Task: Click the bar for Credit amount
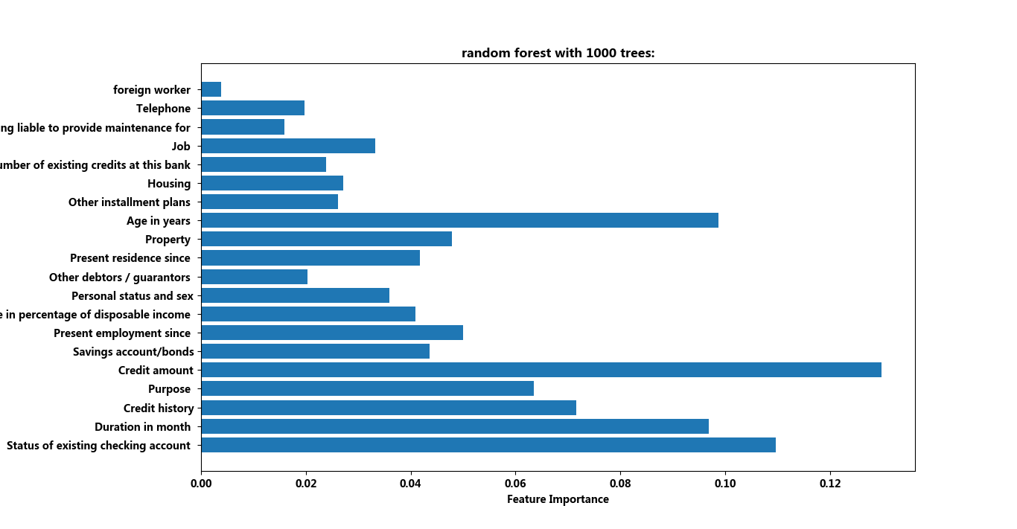pos(541,370)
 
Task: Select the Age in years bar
pos(459,220)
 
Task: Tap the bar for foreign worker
pos(211,90)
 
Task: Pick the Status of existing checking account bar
pos(488,445)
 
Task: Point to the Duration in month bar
pos(455,426)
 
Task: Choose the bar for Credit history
pos(389,408)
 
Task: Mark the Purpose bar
pos(367,388)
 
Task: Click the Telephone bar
pos(252,109)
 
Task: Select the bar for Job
pos(288,146)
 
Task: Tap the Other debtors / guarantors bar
pos(254,277)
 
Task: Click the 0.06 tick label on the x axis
pos(515,483)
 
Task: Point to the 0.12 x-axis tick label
pos(830,483)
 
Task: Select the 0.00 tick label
pos(201,483)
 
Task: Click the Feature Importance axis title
pos(558,499)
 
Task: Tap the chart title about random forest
pos(558,53)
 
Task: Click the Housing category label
pos(169,184)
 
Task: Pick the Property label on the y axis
pos(168,240)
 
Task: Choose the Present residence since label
pos(130,258)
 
